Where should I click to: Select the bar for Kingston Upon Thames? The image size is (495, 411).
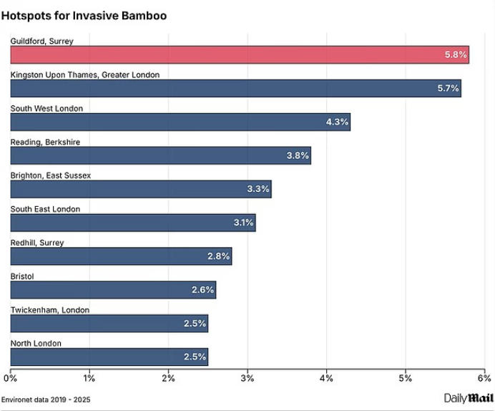click(x=235, y=88)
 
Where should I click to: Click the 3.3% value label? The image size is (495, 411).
click(x=258, y=189)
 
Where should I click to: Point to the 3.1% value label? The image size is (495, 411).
click(x=243, y=223)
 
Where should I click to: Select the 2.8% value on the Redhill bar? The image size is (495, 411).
click(x=218, y=256)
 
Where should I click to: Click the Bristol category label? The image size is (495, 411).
click(x=22, y=276)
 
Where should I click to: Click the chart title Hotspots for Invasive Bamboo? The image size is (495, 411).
click(x=84, y=15)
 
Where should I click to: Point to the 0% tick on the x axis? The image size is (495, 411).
click(x=11, y=378)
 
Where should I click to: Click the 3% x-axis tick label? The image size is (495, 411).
click(x=247, y=378)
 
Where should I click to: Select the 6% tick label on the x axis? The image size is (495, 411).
click(x=484, y=378)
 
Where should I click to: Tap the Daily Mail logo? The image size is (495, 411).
click(x=469, y=398)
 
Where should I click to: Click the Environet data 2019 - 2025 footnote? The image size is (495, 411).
click(x=46, y=399)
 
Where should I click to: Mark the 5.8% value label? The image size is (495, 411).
click(x=456, y=54)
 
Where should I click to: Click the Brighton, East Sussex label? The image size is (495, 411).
click(x=50, y=175)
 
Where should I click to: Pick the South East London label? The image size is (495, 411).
click(x=45, y=209)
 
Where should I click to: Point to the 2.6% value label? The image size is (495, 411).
click(x=202, y=290)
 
